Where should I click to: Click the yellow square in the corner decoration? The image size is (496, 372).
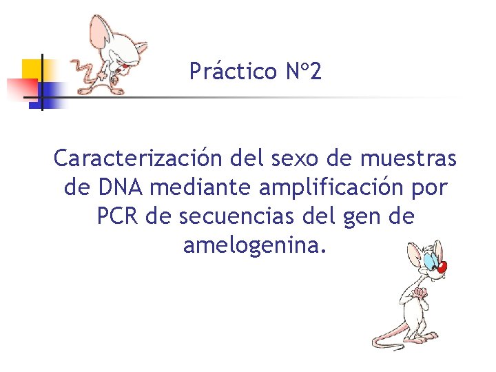(x=33, y=69)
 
